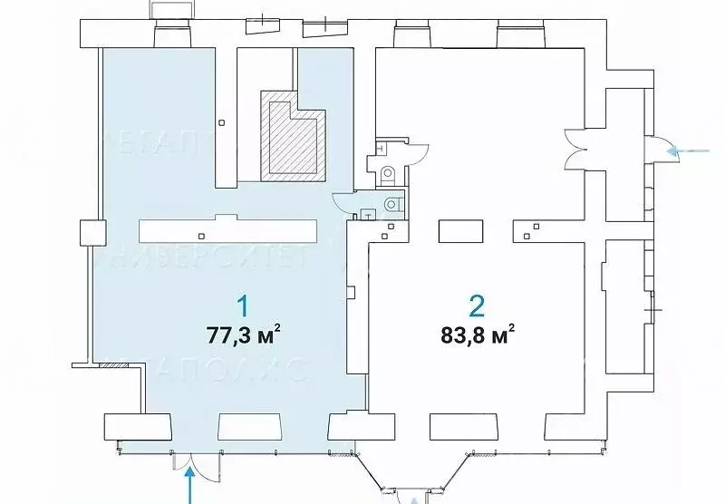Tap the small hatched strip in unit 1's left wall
(109, 366)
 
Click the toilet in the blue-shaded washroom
(391, 204)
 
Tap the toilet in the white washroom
(388, 172)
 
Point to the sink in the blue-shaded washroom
(369, 215)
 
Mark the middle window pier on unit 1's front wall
(242, 425)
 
